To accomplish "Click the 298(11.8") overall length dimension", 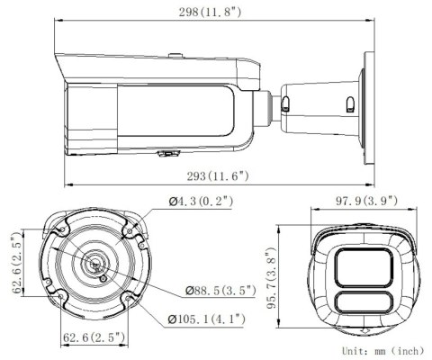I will pos(216,12).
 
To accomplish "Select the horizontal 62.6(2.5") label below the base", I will pos(94,337).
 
